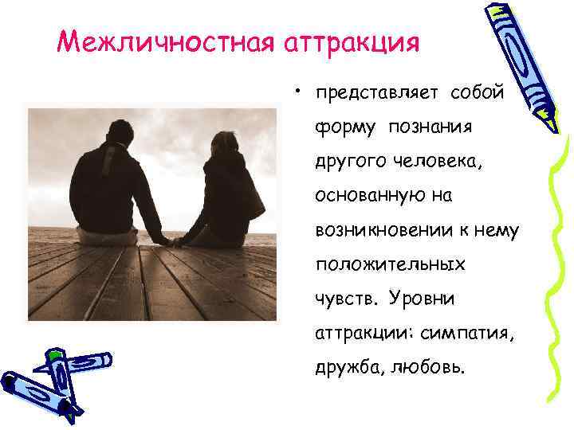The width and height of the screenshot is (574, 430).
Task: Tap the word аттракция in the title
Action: tap(352, 40)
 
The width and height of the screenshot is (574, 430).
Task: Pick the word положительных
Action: tap(391, 264)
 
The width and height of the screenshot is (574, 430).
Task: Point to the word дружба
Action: tap(348, 368)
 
